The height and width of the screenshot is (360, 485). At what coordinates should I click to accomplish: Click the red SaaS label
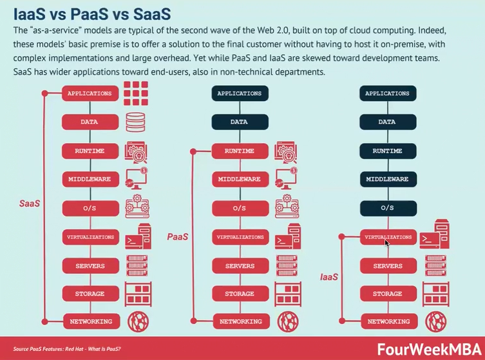click(30, 204)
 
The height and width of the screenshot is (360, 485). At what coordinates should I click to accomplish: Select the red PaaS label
click(178, 237)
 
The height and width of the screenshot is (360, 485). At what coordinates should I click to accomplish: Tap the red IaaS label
click(330, 277)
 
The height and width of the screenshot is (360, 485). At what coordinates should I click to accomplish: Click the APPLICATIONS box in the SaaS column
click(90, 93)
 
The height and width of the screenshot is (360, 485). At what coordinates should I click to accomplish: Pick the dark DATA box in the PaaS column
click(239, 122)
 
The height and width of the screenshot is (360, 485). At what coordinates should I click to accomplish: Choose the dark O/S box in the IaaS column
click(387, 208)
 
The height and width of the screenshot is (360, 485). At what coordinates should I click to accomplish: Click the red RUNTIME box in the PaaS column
click(239, 151)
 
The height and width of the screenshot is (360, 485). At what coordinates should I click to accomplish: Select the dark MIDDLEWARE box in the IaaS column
click(387, 179)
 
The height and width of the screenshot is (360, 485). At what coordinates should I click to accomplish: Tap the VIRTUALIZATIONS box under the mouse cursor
click(387, 237)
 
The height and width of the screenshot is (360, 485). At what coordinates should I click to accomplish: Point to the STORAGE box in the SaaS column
click(90, 294)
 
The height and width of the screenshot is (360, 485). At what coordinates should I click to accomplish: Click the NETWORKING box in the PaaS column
click(239, 321)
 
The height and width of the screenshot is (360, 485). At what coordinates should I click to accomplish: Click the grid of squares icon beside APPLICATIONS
click(136, 94)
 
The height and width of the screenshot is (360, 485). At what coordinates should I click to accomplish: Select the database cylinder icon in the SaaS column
click(136, 122)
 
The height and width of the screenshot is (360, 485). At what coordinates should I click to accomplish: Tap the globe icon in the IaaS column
click(435, 321)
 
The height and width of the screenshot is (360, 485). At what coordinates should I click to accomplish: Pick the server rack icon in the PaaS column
click(287, 265)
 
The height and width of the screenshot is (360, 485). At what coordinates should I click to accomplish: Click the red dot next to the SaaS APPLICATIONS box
click(44, 94)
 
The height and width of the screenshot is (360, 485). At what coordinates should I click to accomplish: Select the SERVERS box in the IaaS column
click(387, 266)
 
